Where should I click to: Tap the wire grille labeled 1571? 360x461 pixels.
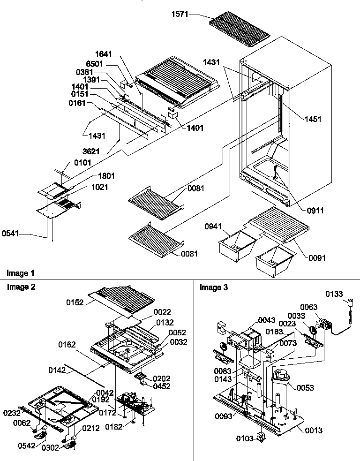(239, 28)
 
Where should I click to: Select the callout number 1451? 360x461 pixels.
(312, 119)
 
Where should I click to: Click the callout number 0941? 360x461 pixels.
(213, 226)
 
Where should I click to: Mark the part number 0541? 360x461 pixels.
(10, 232)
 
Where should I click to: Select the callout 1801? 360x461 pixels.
(106, 176)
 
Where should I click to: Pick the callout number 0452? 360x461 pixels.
(162, 387)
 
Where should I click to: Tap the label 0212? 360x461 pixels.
(90, 428)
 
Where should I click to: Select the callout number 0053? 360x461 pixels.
(305, 388)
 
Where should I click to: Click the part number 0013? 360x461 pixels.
(314, 430)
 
